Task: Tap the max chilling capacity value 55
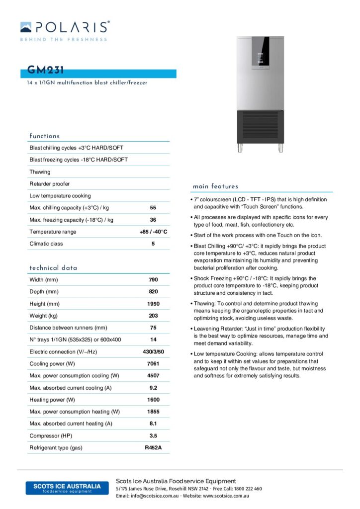click(x=153, y=208)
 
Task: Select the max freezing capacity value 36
click(x=153, y=220)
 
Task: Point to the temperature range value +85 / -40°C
click(x=153, y=232)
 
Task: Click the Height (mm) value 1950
click(x=153, y=304)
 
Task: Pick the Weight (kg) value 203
click(x=153, y=316)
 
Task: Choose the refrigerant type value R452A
click(x=153, y=448)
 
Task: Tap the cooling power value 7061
click(x=153, y=364)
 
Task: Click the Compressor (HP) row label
click(x=51, y=436)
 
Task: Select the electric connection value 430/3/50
click(x=153, y=352)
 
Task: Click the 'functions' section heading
click(x=44, y=136)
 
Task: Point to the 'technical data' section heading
click(x=53, y=268)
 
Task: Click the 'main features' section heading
click(x=215, y=186)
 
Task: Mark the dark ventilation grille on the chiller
click(x=261, y=126)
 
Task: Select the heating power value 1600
click(x=153, y=400)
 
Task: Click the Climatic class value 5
click(x=153, y=244)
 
